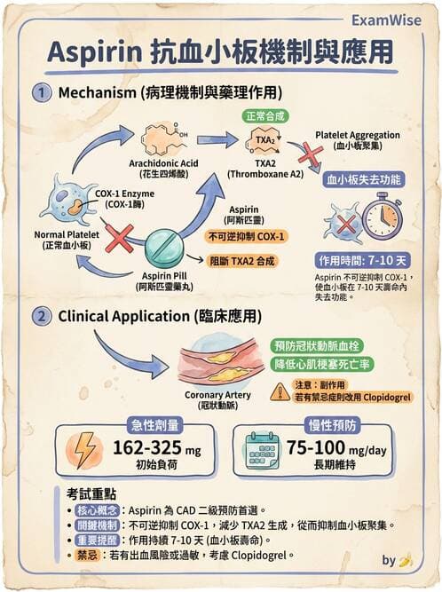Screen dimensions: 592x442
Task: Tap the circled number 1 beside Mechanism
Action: coord(41,93)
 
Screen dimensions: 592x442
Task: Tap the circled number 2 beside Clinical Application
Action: coord(41,315)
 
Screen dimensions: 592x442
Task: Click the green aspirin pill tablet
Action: coord(164,247)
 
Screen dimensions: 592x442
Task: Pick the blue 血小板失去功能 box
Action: coord(365,179)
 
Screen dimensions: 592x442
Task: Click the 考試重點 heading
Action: coord(92,493)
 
